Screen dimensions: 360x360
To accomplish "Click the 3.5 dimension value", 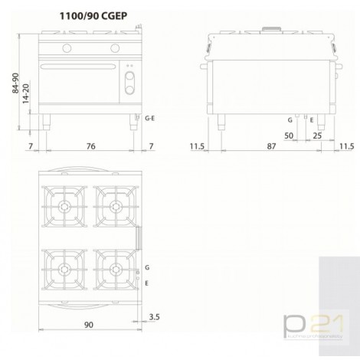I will (x=155, y=316).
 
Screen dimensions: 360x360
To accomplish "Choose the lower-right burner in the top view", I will (x=113, y=268).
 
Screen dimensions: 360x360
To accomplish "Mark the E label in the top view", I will (x=147, y=283).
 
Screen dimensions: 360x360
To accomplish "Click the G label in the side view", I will (x=290, y=119).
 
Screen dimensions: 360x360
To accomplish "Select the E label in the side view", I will (x=310, y=119).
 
